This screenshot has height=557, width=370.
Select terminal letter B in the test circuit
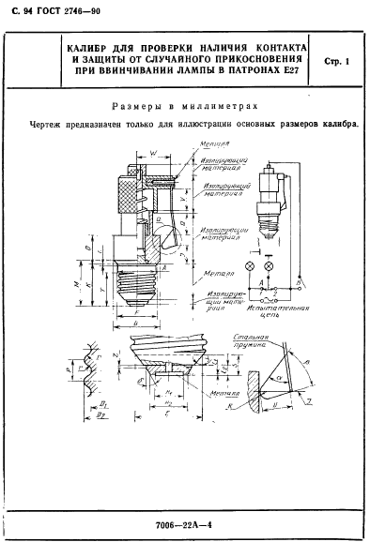(300, 282)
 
